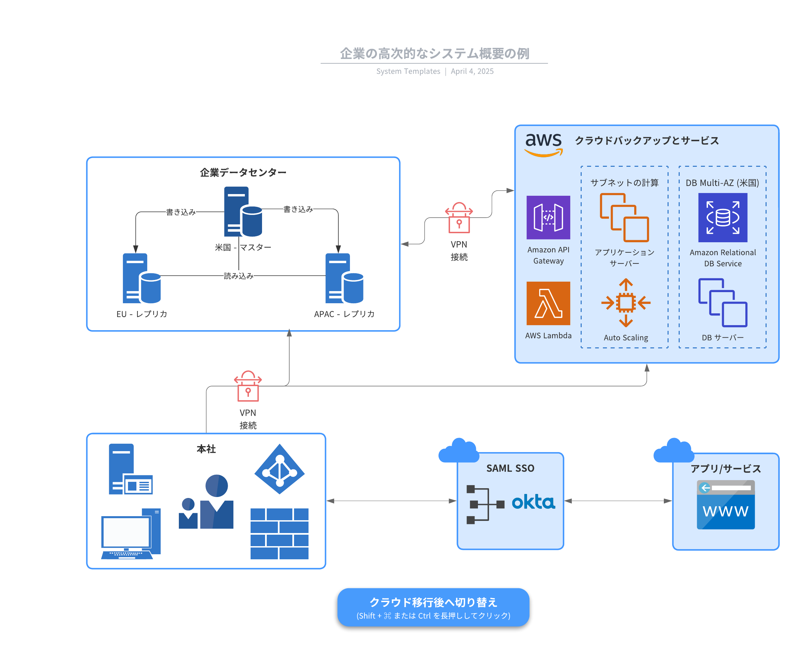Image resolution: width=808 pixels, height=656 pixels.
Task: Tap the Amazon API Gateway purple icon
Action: [x=548, y=217]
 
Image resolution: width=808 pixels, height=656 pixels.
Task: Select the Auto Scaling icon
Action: [x=625, y=302]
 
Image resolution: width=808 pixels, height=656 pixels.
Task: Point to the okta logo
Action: [x=533, y=501]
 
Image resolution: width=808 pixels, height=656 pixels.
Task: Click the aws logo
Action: [x=543, y=144]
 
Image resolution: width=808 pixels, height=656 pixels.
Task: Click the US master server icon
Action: [x=243, y=211]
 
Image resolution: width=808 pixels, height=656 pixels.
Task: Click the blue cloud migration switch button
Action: [x=433, y=607]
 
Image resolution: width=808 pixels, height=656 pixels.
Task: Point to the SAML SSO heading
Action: [x=510, y=468]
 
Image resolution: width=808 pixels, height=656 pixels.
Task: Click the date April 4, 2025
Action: [x=472, y=71]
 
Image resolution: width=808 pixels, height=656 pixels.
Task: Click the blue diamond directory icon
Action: [x=279, y=469]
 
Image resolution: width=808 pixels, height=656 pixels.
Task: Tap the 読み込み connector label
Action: [x=238, y=276]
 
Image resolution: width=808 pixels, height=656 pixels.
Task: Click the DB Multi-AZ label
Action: [x=722, y=183]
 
